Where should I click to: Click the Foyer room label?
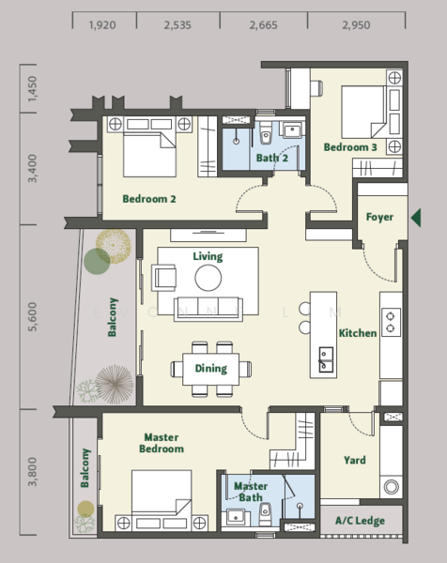coord(379,218)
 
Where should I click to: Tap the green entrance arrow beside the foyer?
coord(416,218)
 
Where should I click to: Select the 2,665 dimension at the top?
coord(263,25)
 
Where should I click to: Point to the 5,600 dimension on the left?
coord(32,317)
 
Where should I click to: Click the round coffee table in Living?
coord(208,278)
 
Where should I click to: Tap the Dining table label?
coord(211,369)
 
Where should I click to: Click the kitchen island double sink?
coord(326,359)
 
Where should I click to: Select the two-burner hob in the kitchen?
coord(391,322)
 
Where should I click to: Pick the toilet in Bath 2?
coord(266,133)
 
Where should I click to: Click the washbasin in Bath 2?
coord(292,129)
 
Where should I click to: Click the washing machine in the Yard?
coord(391,487)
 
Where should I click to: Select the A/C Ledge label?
coord(360,521)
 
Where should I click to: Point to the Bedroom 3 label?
coord(350,147)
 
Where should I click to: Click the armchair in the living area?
coord(164,278)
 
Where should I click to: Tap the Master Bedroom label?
coord(162,443)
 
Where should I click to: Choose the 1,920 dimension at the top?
coord(102,25)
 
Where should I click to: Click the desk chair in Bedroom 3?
coord(316,89)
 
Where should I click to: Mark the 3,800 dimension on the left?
coord(32,471)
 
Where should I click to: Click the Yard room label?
coord(355,461)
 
